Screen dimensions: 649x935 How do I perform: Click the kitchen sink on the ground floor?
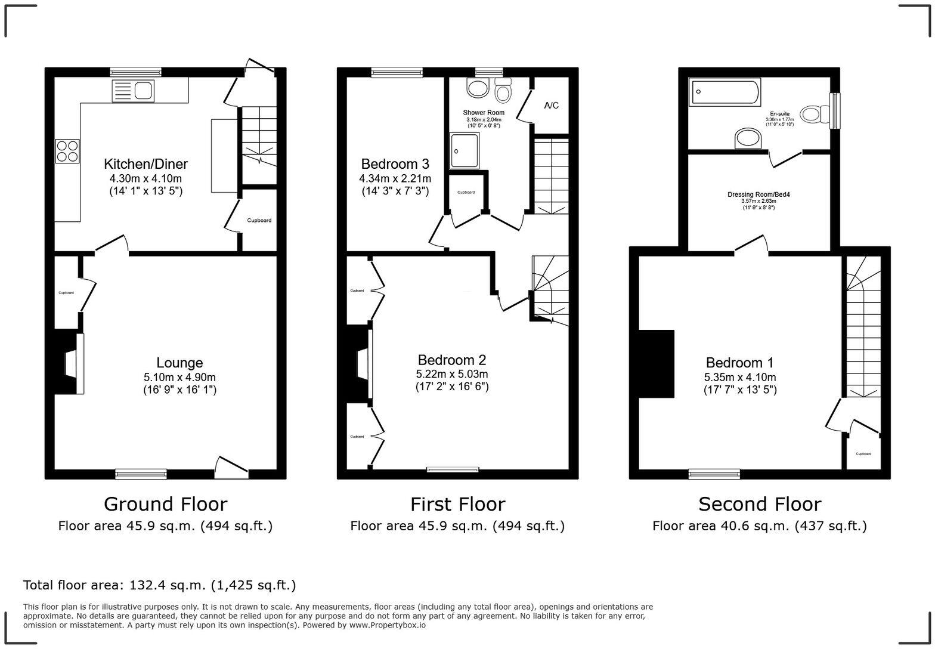tap(133, 91)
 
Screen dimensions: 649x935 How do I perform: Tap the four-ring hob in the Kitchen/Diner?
tap(67, 150)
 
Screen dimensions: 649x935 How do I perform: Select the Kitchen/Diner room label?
tap(145, 164)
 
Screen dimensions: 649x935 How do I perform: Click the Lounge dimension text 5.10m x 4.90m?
tap(179, 377)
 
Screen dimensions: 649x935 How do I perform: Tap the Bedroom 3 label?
tap(395, 164)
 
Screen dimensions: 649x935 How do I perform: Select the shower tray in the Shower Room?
tap(465, 150)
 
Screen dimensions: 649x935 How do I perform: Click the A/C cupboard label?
tap(552, 106)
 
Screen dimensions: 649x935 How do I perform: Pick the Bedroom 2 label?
tap(451, 360)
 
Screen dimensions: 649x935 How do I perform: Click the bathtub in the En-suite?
tap(724, 92)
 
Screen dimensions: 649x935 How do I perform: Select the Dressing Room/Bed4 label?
tap(758, 194)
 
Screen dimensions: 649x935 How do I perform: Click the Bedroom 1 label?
tap(739, 363)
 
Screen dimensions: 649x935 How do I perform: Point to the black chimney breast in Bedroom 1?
tap(656, 363)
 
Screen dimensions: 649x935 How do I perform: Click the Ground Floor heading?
tap(165, 504)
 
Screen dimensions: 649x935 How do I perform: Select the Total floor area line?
tap(159, 585)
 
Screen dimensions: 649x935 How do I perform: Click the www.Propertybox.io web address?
tap(387, 625)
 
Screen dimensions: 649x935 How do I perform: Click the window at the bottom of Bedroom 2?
tap(452, 470)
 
